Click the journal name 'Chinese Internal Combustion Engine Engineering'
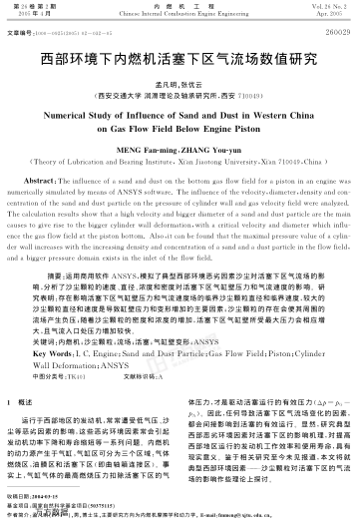tap(180, 15)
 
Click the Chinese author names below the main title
tap(180, 84)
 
